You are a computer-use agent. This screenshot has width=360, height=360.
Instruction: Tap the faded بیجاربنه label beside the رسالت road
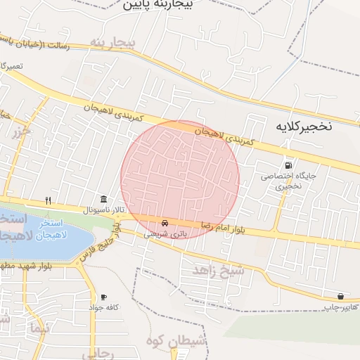[112, 44]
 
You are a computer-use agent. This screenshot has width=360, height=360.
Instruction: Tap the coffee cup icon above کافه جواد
[104, 297]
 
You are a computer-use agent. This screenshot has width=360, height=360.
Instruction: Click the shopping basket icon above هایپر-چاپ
[340, 297]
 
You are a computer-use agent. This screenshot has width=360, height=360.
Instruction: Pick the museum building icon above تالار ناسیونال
[104, 200]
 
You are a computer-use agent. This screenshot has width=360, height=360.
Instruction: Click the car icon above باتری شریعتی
[165, 223]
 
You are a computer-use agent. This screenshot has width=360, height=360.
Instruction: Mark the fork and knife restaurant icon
[48, 200]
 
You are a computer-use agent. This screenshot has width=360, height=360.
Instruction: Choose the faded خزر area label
[23, 131]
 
